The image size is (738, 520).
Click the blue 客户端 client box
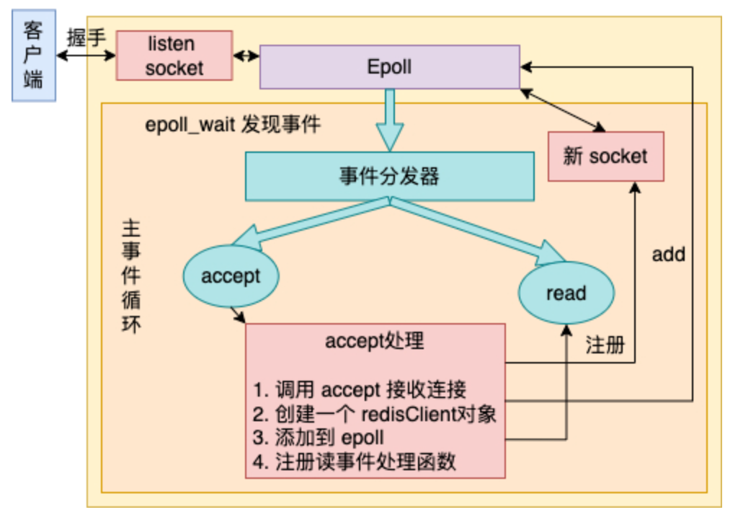(x=34, y=56)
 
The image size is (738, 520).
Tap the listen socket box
(x=174, y=56)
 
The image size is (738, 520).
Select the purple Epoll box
(x=390, y=67)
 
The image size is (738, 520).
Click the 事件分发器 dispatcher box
(x=390, y=177)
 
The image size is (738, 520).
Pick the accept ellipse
(x=231, y=276)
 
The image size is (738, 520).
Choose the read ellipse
(x=566, y=293)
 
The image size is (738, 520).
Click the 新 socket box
(x=605, y=157)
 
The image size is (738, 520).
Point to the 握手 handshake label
(x=86, y=38)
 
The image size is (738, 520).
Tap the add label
(x=668, y=255)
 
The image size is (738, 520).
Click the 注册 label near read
(x=605, y=345)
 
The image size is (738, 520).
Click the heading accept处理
(x=375, y=340)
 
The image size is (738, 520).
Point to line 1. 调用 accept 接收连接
(x=360, y=389)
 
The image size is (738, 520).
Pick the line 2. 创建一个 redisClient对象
(x=375, y=414)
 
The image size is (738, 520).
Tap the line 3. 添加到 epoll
(x=318, y=438)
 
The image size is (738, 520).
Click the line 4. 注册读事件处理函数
(x=355, y=462)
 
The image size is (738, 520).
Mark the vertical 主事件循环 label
(x=131, y=276)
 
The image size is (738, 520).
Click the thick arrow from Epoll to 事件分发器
(x=390, y=120)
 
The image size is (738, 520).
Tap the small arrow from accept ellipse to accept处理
(x=238, y=315)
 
